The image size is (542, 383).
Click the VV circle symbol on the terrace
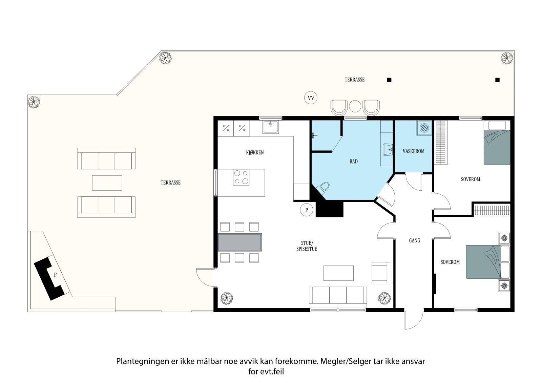point(310,98)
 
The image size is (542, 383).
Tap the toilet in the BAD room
point(324,188)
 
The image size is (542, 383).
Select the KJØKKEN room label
point(255,153)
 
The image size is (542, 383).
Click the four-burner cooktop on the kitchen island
point(241,177)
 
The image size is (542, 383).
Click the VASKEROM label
point(413,151)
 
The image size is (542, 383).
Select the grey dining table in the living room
point(240,242)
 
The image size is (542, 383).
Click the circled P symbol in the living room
point(307,210)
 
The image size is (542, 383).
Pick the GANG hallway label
point(414,240)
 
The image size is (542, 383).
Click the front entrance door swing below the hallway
point(413,320)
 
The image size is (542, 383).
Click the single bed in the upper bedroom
point(497,143)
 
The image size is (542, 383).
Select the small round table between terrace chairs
point(355,106)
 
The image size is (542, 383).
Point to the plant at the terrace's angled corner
point(165,58)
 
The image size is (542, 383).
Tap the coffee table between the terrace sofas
point(107,183)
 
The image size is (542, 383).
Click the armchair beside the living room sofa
point(381,273)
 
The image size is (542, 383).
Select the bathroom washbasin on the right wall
point(387,149)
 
